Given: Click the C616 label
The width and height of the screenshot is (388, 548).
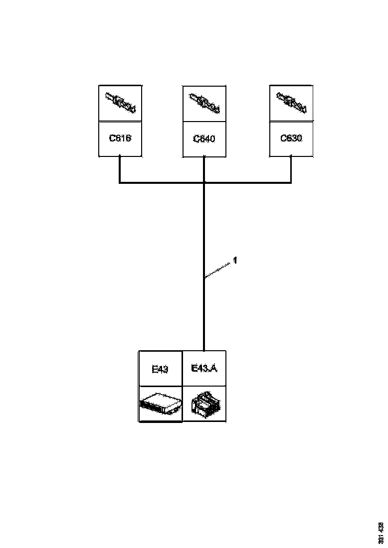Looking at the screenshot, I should tap(120, 138).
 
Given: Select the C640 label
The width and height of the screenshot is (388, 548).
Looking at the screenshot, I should tap(204, 138).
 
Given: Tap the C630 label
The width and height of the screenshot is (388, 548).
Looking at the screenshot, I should tap(291, 138).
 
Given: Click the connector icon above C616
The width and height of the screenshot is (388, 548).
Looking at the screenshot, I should tap(120, 103).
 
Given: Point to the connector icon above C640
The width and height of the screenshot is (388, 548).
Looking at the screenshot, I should tap(204, 103).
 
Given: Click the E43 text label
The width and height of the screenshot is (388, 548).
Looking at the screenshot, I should tap(160, 369).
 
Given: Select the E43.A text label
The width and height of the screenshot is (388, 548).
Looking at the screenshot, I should tap(204, 369).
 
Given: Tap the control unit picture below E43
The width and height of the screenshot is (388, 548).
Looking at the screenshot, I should tap(160, 404).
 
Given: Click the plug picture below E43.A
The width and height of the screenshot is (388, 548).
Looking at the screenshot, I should tap(204, 404).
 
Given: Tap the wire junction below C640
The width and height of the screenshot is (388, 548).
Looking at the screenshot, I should tap(204, 183).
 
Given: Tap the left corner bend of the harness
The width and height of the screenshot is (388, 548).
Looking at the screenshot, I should tap(120, 182).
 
